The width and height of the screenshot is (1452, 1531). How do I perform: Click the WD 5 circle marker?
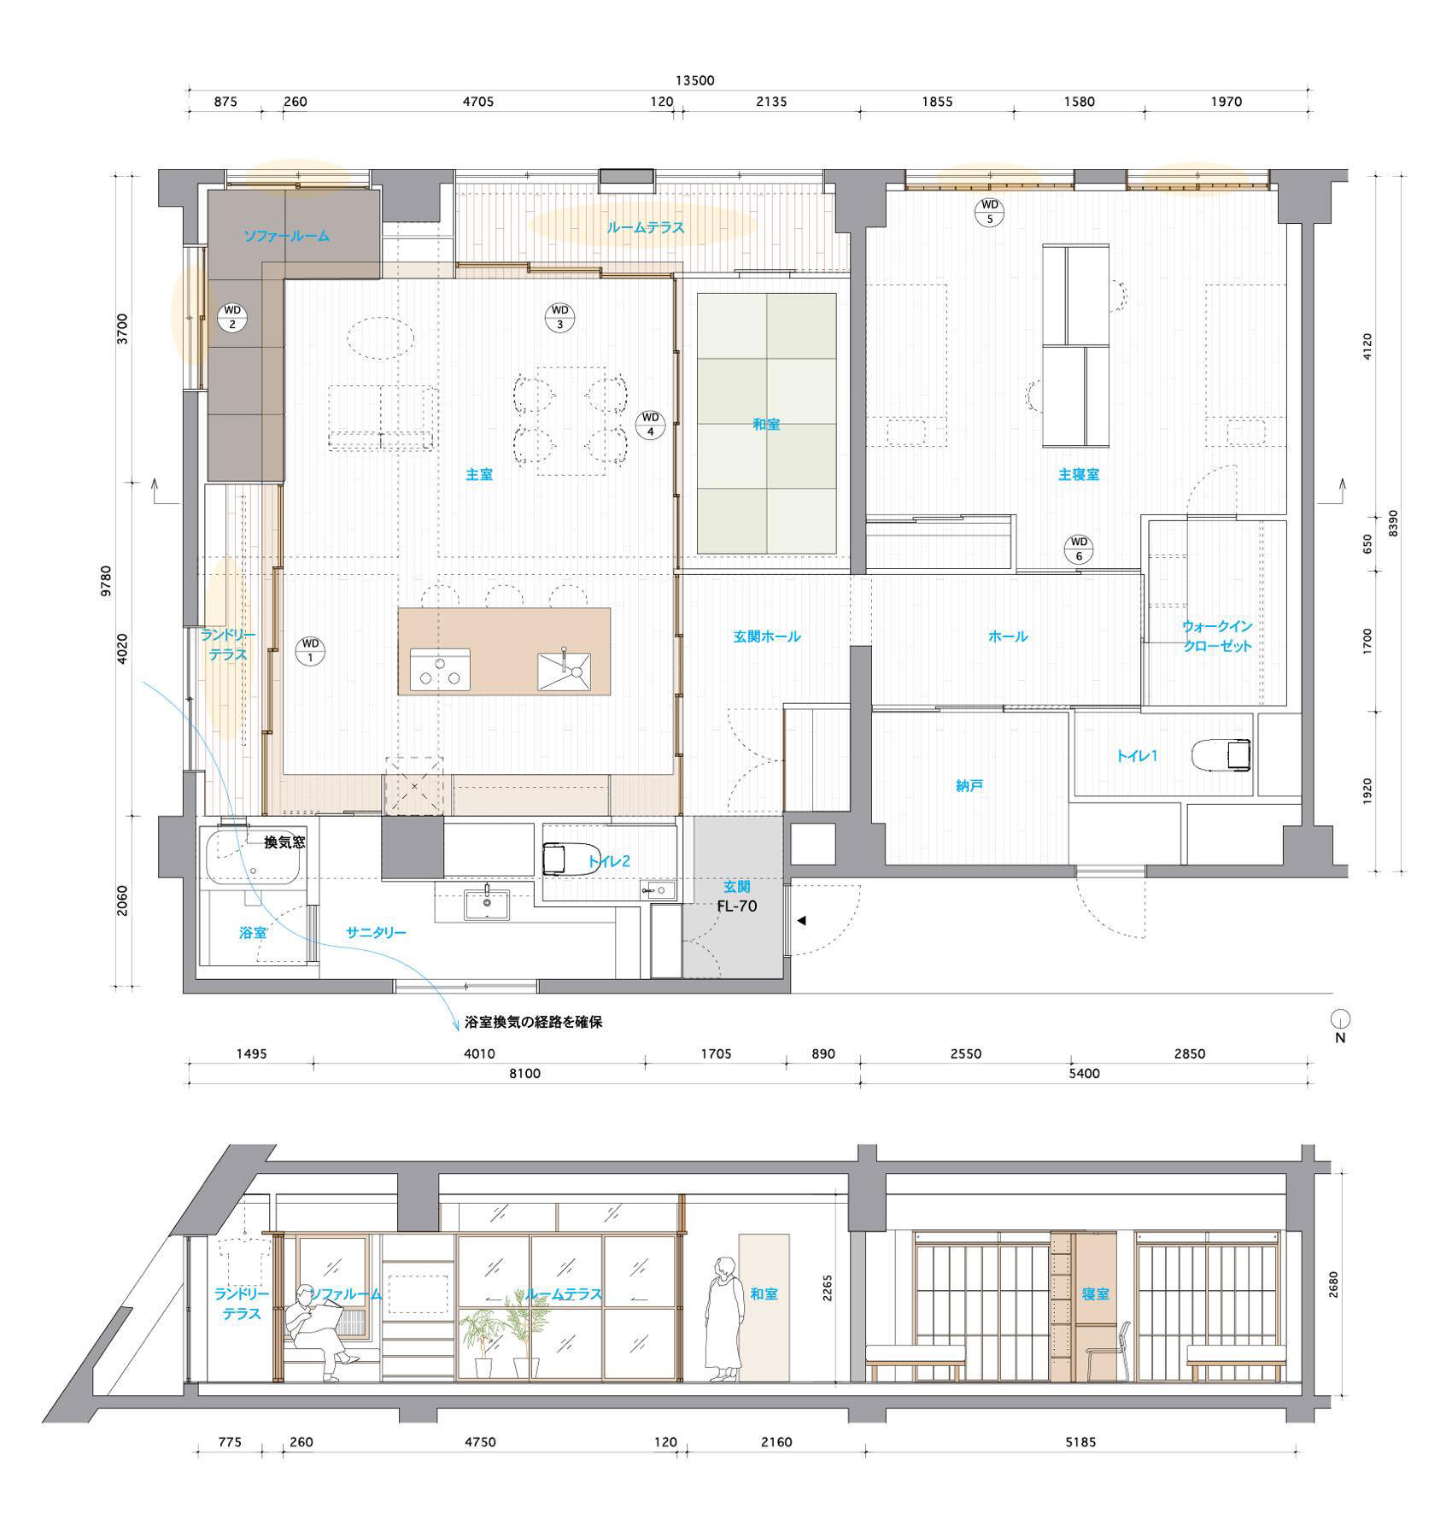pyautogui.click(x=989, y=211)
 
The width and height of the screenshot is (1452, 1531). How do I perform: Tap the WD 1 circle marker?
pyautogui.click(x=310, y=650)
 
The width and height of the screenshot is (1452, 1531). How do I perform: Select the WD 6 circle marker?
pyautogui.click(x=1079, y=549)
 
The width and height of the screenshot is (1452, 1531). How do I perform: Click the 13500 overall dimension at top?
pyautogui.click(x=694, y=80)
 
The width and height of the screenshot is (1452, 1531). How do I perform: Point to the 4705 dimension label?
pyautogui.click(x=478, y=102)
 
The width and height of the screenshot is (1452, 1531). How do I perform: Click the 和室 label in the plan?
pyautogui.click(x=766, y=424)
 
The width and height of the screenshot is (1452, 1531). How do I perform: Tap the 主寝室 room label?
pyautogui.click(x=1078, y=474)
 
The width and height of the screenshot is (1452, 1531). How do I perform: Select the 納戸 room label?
pyautogui.click(x=969, y=785)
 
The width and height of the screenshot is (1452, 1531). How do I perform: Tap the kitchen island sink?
pyautogui.click(x=564, y=671)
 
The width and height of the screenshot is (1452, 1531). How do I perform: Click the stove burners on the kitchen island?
pyautogui.click(x=440, y=669)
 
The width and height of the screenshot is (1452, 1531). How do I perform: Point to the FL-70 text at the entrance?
pyautogui.click(x=736, y=906)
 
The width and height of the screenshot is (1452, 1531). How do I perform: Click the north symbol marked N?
pyautogui.click(x=1341, y=1025)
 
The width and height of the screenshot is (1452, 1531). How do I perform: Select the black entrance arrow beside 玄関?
pyautogui.click(x=801, y=921)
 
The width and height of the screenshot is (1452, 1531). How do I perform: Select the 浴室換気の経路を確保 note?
pyautogui.click(x=533, y=1022)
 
